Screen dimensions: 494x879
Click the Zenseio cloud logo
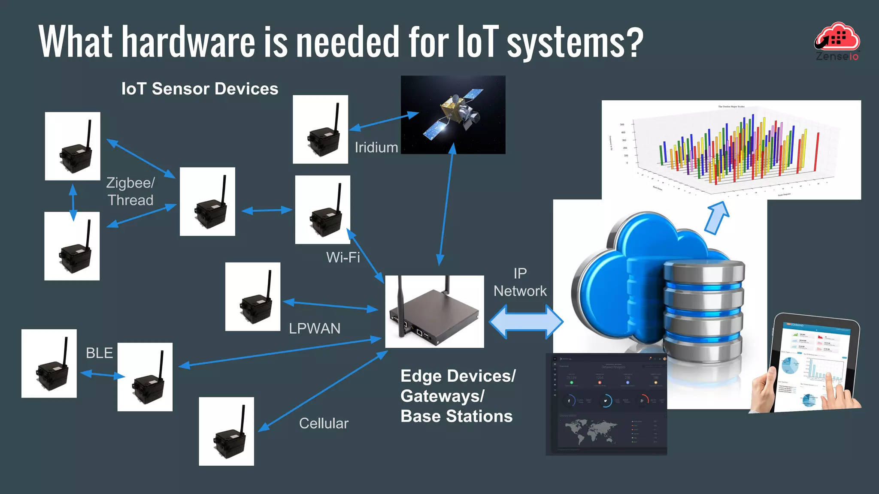point(837,41)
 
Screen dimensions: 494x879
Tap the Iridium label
point(376,148)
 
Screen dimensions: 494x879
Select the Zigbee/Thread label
point(130,191)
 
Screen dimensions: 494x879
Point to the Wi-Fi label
point(343,257)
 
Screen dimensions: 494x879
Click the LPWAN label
point(315,328)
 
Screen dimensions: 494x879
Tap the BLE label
point(99,353)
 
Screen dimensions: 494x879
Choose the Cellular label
point(324,423)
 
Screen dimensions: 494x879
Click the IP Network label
point(520,282)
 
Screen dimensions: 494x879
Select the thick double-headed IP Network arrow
point(526,322)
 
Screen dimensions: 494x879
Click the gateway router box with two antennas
point(434,312)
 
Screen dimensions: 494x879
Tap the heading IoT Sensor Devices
point(200,89)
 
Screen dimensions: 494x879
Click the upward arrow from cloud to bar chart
point(717,217)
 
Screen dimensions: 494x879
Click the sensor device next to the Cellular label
point(226,431)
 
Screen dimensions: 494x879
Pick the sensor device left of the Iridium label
point(320,130)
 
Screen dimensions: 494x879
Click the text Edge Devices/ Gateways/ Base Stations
point(458,396)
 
